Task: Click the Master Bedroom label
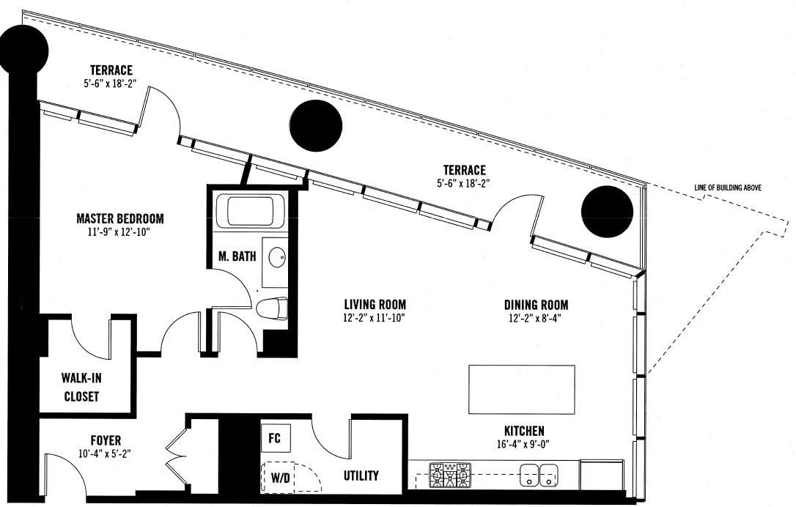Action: (x=119, y=219)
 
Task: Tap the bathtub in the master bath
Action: (x=251, y=211)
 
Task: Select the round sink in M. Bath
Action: (x=276, y=257)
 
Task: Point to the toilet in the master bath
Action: (x=272, y=308)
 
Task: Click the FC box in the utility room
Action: (x=275, y=438)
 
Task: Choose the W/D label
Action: (x=280, y=478)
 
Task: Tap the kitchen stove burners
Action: (x=450, y=475)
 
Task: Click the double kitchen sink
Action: (x=539, y=475)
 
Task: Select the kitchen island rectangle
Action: (x=522, y=389)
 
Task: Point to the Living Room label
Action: (x=375, y=305)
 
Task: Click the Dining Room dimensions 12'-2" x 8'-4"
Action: (x=536, y=319)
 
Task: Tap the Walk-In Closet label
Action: (x=81, y=388)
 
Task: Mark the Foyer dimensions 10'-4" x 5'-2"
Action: (x=106, y=454)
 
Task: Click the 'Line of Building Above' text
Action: (x=728, y=188)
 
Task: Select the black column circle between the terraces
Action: (x=316, y=125)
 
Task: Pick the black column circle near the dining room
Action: (x=607, y=212)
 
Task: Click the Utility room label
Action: (x=361, y=475)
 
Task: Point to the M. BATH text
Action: (x=237, y=256)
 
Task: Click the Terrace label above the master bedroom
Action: (x=111, y=70)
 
